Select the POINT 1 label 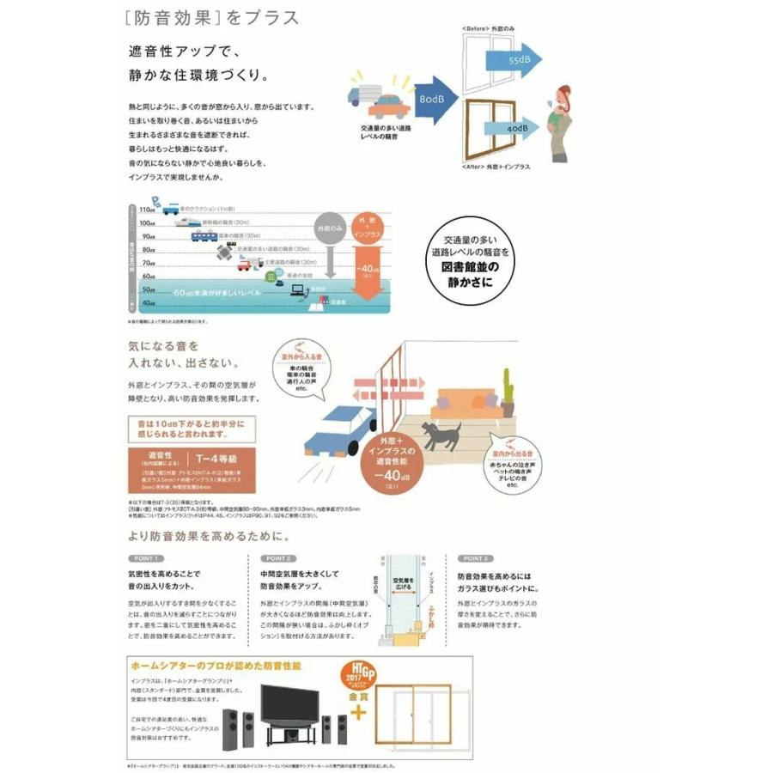click(143, 558)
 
